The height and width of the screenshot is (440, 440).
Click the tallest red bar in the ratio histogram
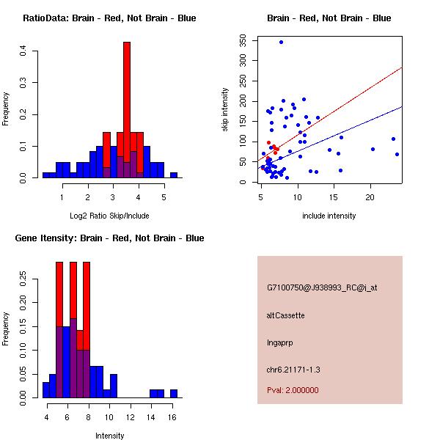pos(127,110)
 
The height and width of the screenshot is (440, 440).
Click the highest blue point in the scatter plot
pos(281,43)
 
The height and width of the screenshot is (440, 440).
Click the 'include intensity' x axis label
pos(329,216)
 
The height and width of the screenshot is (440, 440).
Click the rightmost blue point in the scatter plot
pos(397,154)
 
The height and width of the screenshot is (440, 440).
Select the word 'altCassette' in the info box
pos(286,315)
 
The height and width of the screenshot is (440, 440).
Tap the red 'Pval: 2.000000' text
pos(293,390)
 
